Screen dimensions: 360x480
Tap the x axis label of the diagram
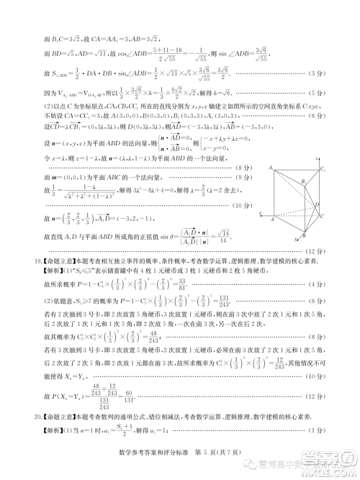coord(258,214)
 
